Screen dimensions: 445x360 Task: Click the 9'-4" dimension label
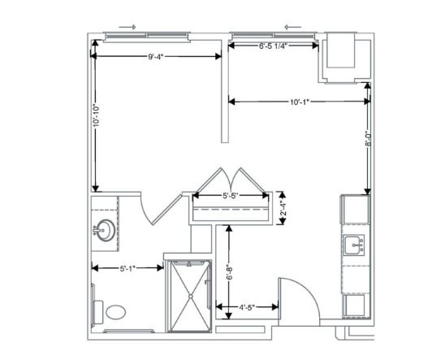click(x=156, y=56)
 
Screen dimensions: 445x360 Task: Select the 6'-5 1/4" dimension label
click(x=274, y=46)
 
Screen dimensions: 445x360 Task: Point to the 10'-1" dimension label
click(x=299, y=102)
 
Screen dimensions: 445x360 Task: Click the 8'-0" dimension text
click(x=368, y=138)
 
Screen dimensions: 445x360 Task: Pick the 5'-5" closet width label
click(x=230, y=196)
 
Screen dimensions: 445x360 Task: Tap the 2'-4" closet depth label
click(x=283, y=208)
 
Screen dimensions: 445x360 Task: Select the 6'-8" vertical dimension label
click(x=229, y=272)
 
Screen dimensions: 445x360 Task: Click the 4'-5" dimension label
click(x=247, y=307)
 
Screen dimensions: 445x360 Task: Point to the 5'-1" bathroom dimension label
click(x=128, y=267)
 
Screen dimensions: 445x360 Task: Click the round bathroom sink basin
click(x=106, y=230)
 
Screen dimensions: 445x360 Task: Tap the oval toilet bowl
click(x=116, y=312)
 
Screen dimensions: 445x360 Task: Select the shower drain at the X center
click(x=191, y=297)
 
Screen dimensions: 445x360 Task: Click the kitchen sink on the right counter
click(x=354, y=245)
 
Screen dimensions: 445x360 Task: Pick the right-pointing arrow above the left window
click(x=127, y=28)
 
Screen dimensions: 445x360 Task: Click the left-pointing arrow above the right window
click(x=293, y=28)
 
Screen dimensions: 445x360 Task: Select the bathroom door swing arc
click(x=145, y=210)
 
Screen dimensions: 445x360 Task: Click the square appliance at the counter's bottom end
click(x=355, y=305)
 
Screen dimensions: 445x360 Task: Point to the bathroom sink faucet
click(x=96, y=230)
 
